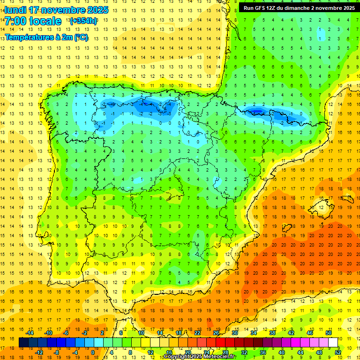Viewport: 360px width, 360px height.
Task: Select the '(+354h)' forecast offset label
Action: coord(83,21)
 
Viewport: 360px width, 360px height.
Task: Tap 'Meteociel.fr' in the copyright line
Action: coord(219,357)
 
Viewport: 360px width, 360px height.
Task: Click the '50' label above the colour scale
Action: coord(329,333)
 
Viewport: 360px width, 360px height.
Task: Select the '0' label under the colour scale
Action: coord(92,352)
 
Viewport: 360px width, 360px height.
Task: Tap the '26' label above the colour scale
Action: coord(216,333)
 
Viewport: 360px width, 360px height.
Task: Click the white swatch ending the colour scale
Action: coord(333,343)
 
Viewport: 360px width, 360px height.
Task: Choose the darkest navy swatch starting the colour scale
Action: coord(23,343)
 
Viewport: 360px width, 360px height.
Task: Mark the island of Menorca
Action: coord(348,198)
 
